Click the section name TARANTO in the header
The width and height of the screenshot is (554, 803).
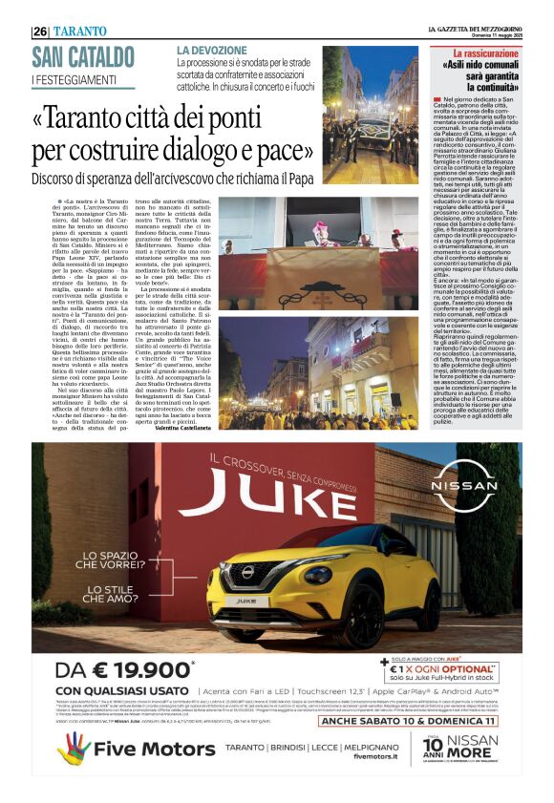81,32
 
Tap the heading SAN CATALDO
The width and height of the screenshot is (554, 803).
83,56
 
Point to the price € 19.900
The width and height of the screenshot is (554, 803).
123,670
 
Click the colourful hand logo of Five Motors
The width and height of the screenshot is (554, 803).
75,748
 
